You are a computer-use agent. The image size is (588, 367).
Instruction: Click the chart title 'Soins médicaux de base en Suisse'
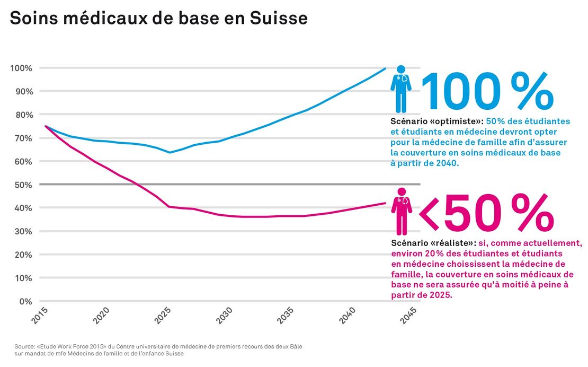tap(158, 19)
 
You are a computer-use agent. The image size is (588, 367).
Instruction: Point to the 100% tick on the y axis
tap(21, 68)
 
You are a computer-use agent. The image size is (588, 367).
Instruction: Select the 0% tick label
tap(26, 301)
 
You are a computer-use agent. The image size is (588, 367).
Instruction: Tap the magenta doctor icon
tap(402, 211)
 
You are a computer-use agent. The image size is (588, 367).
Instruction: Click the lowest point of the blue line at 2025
tap(170, 153)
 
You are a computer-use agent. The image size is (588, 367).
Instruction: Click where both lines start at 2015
tap(46, 126)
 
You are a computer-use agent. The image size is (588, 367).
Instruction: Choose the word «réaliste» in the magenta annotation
tap(454, 243)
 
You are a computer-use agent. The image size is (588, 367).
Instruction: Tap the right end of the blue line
tap(385, 68)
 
